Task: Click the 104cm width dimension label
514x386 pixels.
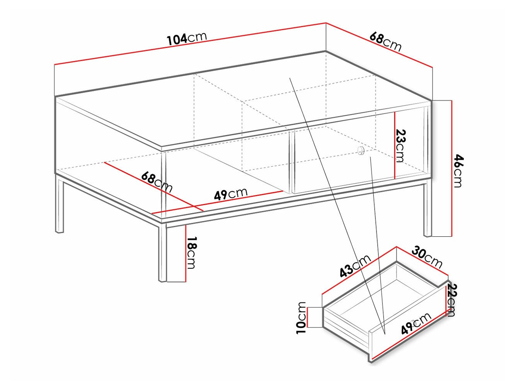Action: tap(187, 39)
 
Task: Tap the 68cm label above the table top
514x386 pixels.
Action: tap(385, 42)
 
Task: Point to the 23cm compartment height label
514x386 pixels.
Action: tap(400, 146)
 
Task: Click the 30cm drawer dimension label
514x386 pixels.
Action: tap(427, 256)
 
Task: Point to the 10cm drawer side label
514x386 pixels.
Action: tap(301, 318)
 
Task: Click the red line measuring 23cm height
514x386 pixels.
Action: tap(395, 145)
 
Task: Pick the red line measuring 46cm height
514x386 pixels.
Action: tap(452, 168)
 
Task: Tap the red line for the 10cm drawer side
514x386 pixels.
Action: tap(307, 317)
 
